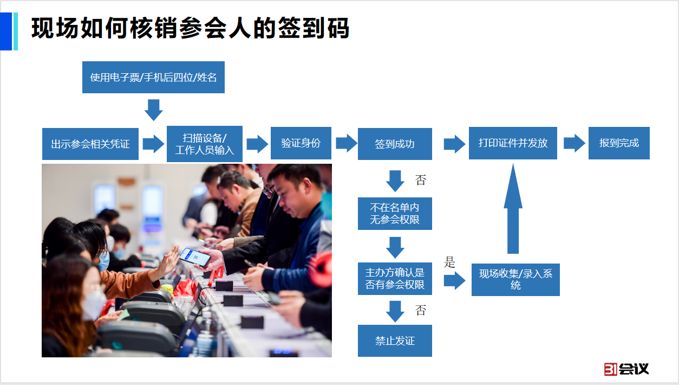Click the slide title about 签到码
tap(190, 29)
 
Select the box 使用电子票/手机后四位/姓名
tap(153, 77)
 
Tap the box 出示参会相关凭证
tap(90, 144)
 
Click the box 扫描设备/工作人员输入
tap(205, 144)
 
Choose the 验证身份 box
tap(301, 143)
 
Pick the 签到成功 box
tap(395, 144)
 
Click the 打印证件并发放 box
tap(513, 143)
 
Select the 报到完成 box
tap(619, 143)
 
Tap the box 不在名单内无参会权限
tap(395, 214)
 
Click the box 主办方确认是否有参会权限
tap(395, 279)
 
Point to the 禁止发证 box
tap(395, 341)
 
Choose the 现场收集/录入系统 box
tap(515, 279)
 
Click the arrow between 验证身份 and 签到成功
tap(346, 143)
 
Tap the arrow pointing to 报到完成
tap(574, 143)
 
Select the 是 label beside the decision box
tap(450, 263)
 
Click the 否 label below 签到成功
tap(421, 180)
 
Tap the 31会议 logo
tap(626, 369)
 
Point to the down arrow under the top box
tap(154, 110)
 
